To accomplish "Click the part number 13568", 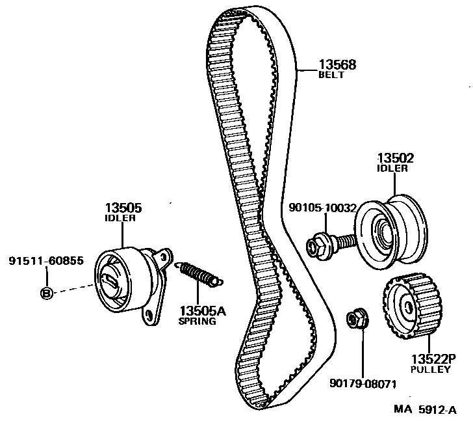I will coord(337,64).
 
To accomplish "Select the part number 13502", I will coord(396,158).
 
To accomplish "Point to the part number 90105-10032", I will coord(323,209).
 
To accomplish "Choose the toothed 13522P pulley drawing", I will coord(409,307).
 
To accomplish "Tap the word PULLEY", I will coord(430,369).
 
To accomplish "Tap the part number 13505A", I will coord(203,311).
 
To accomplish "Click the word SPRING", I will coord(197,321).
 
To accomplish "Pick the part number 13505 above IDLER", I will coord(123,208).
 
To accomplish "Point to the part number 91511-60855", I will coord(46,261).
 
